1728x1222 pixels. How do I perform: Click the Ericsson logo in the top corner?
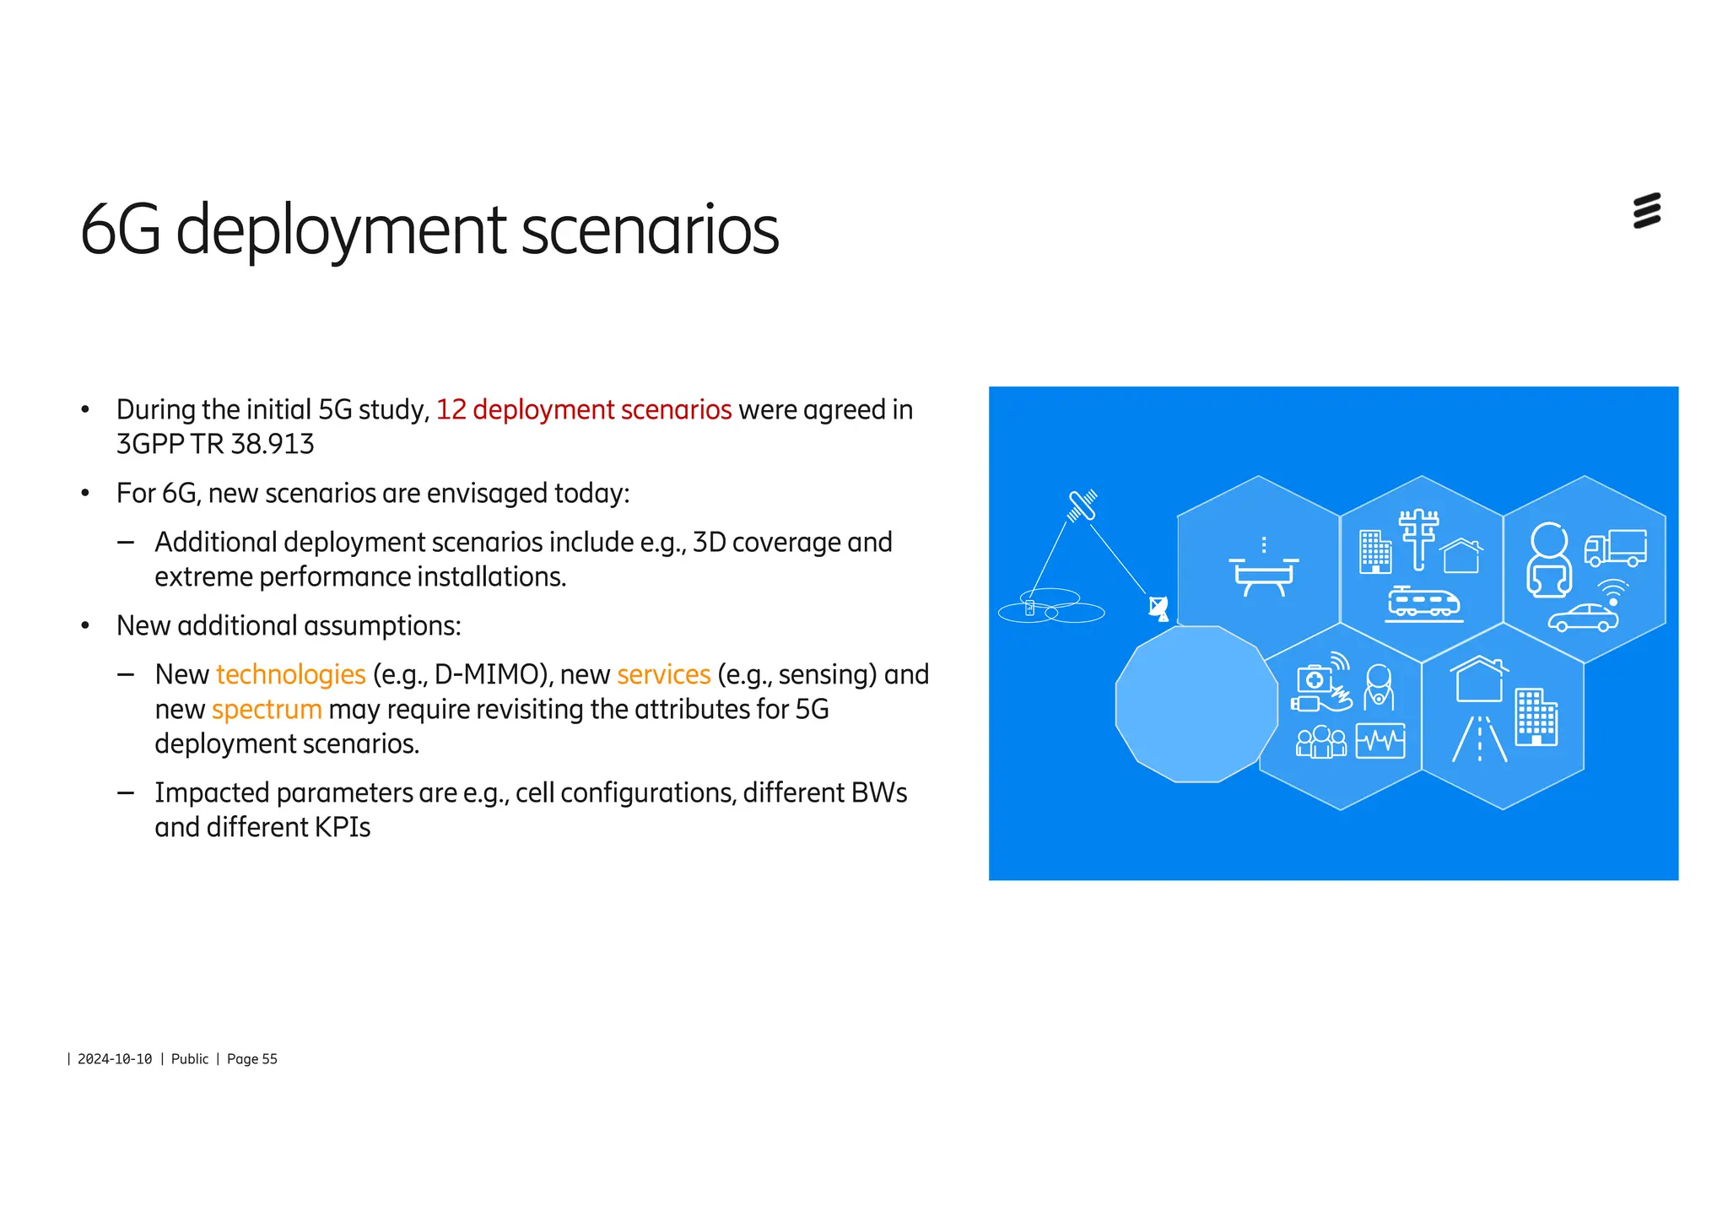click(1646, 211)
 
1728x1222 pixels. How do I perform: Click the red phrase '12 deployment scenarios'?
click(583, 410)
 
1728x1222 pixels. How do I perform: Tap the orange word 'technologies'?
click(290, 675)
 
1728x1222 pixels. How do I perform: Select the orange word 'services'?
click(663, 675)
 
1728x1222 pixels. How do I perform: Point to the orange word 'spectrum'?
click(267, 710)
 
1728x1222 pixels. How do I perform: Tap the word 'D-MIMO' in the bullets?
click(485, 675)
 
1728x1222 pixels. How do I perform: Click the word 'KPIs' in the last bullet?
click(343, 828)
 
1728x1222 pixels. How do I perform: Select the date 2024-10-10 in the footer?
click(115, 1059)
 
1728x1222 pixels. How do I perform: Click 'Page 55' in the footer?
click(251, 1059)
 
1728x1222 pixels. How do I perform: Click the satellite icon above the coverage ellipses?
click(1082, 505)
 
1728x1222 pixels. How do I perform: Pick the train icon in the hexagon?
click(1423, 603)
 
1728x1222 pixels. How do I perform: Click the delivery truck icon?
click(1615, 548)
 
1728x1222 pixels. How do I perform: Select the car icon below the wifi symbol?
click(1583, 619)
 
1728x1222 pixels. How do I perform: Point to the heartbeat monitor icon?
click(1380, 741)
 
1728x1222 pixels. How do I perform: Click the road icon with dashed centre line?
click(1479, 739)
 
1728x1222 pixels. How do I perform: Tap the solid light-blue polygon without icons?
click(1196, 704)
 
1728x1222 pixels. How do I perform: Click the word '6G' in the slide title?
click(121, 230)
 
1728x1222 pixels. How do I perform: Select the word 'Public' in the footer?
click(190, 1059)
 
